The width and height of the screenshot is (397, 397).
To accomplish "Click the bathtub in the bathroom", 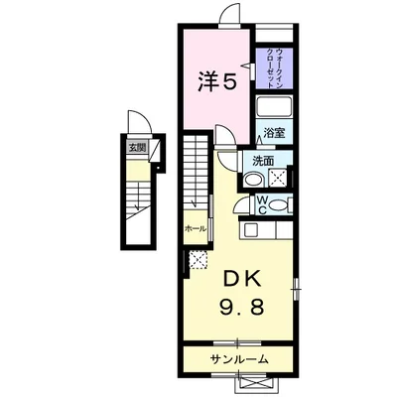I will click(276, 109).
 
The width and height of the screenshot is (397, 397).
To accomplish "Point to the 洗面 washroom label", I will click(262, 161).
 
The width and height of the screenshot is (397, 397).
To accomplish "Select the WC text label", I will click(262, 204).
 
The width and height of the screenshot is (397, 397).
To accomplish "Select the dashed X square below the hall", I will click(196, 259).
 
